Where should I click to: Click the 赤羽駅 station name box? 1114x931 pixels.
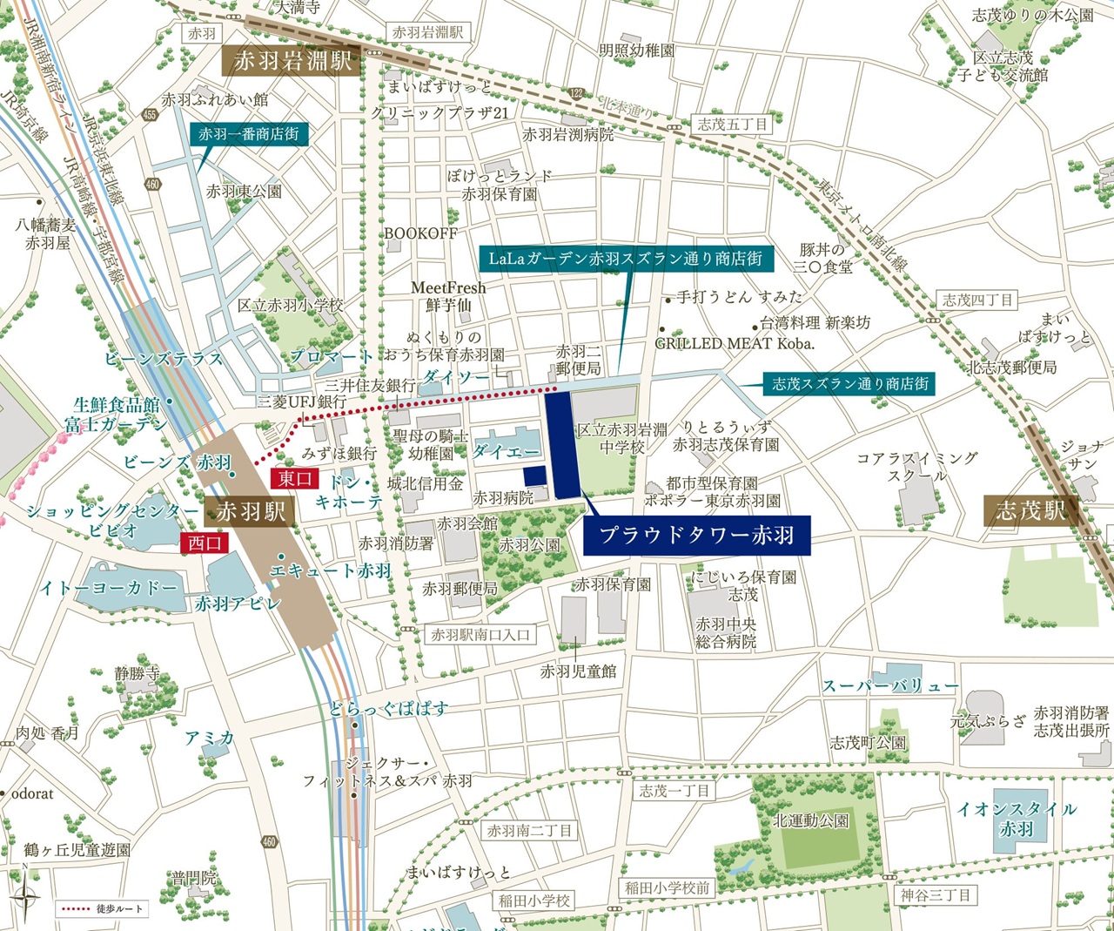[x=251, y=511]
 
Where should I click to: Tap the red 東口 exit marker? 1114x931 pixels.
[x=296, y=478]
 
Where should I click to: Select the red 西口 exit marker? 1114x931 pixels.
[x=205, y=543]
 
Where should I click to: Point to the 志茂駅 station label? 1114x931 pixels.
[x=1031, y=510]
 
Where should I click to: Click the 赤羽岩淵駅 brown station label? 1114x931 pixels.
[x=292, y=61]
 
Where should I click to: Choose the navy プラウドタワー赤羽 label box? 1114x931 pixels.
[x=696, y=535]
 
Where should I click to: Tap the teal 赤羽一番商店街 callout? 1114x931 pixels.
[x=249, y=134]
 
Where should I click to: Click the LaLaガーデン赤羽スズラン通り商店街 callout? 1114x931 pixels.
[x=625, y=259]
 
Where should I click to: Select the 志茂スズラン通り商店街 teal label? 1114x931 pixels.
[x=850, y=383]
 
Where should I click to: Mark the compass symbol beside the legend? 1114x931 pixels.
[x=25, y=907]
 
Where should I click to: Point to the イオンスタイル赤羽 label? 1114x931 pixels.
[x=1017, y=819]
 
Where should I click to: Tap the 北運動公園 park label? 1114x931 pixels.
[x=811, y=820]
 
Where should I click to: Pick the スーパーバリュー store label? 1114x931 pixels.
[x=890, y=686]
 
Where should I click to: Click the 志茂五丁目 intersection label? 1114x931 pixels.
[x=733, y=125]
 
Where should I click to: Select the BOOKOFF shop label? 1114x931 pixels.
[x=420, y=233]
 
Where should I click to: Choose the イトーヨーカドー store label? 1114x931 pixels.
[x=109, y=589]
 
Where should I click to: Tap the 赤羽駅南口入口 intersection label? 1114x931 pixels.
[x=480, y=635]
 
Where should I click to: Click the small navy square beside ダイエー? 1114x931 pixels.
[x=534, y=476]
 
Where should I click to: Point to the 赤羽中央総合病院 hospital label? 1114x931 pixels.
[x=726, y=633]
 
